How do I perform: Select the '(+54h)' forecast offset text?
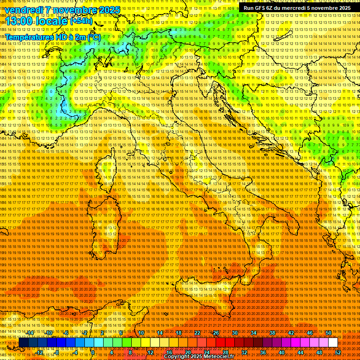81,21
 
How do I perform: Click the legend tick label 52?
338,352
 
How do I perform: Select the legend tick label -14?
30,333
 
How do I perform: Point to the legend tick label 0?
93,352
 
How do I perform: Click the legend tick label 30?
235,333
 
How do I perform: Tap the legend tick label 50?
329,333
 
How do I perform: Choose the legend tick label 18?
179,333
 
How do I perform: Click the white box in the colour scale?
333,343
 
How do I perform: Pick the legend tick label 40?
282,352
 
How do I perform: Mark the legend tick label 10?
141,333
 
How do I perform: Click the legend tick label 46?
310,333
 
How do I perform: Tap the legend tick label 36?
263,352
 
